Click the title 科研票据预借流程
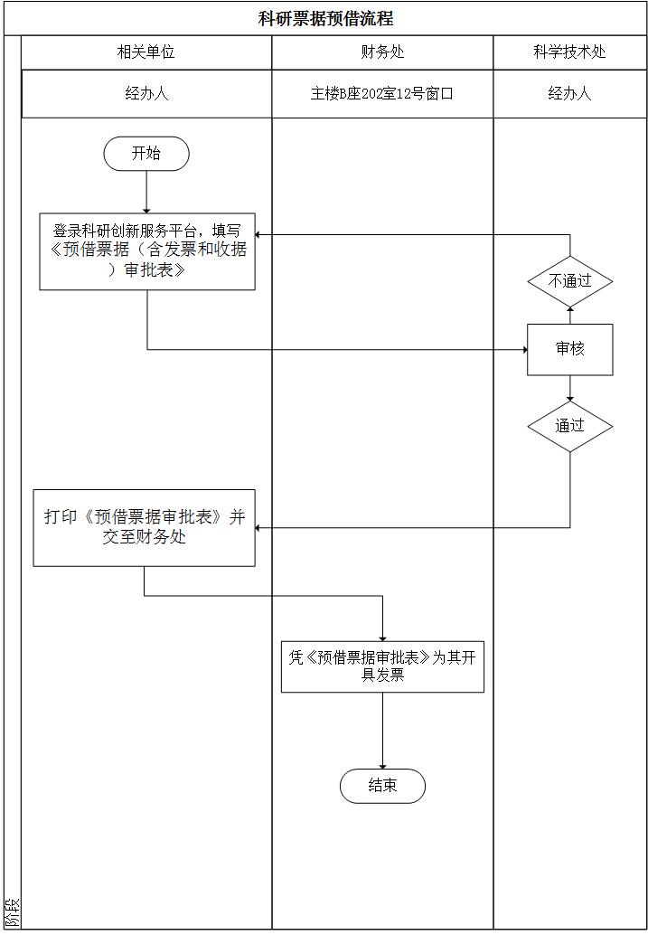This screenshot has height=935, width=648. (324, 18)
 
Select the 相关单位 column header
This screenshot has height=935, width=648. (146, 52)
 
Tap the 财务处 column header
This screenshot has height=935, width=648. (382, 52)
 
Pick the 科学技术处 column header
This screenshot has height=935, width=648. (569, 52)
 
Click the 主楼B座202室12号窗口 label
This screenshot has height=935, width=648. (382, 93)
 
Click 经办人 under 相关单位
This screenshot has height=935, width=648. (146, 93)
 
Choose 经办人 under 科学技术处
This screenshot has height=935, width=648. (569, 93)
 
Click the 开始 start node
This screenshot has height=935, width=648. (146, 154)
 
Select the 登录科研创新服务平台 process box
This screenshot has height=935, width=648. (147, 251)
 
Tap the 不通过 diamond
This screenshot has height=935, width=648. (570, 281)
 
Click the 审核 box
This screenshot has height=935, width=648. (570, 349)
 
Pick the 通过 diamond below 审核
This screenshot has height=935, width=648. (570, 426)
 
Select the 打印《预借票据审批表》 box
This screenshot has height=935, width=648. (145, 528)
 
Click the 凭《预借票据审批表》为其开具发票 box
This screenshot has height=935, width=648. (382, 667)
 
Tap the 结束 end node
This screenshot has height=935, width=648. (382, 786)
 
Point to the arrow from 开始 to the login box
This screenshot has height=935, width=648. (146, 192)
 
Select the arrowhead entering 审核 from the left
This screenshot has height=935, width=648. (523, 350)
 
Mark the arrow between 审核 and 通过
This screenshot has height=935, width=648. (570, 388)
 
